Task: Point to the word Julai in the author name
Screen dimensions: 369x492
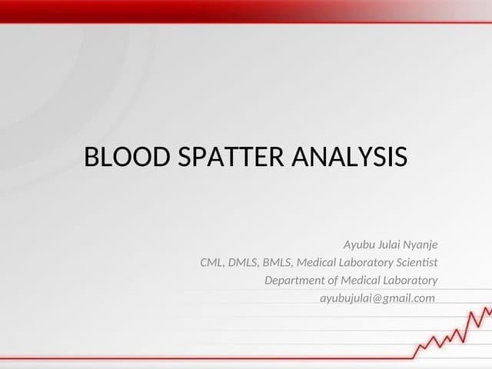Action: [x=391, y=245]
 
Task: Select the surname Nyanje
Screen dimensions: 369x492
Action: [x=422, y=245]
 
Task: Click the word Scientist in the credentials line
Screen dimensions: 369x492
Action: [x=415, y=263]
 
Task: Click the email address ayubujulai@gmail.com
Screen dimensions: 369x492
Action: [x=377, y=298]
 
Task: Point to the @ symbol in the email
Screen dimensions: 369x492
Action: [x=378, y=298]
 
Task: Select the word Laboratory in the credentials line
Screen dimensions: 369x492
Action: [x=364, y=263]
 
